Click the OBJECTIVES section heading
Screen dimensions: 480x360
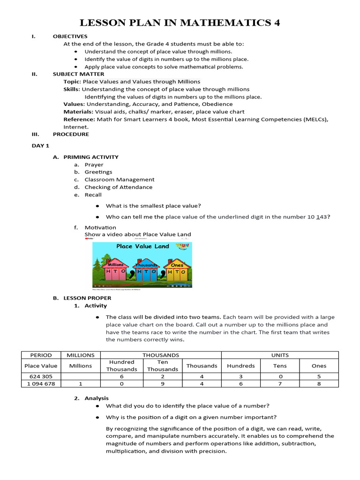coord(70,37)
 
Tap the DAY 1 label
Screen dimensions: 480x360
coord(40,146)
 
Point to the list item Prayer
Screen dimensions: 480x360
coord(94,165)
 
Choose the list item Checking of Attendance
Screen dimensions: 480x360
coord(118,187)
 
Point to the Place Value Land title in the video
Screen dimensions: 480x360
coord(136,247)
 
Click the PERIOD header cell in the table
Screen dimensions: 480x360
coord(41,355)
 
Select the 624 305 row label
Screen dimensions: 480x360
coord(41,376)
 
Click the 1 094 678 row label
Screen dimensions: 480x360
coord(41,383)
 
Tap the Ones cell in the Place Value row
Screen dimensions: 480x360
coord(319,366)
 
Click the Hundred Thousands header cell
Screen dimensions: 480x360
coord(121,366)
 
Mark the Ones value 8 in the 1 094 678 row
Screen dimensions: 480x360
coord(319,383)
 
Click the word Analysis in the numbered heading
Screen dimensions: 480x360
coord(97,398)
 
